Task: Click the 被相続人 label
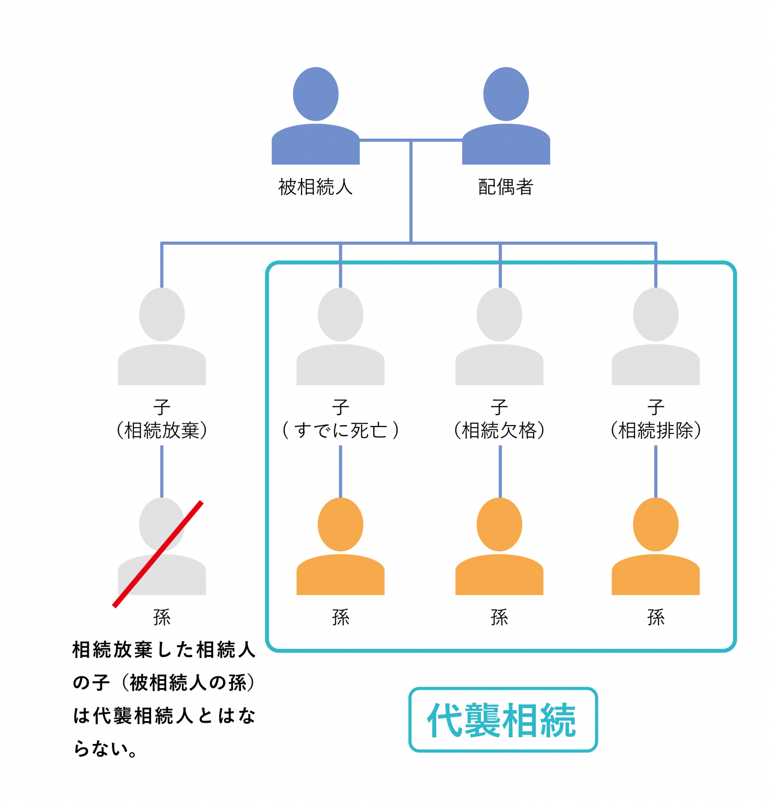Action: coord(315,187)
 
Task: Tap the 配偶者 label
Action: coord(505,187)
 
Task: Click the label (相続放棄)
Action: coord(162,430)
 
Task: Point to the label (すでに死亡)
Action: coord(340,430)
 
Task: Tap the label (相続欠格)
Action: coord(499,430)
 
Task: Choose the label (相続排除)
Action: coord(656,430)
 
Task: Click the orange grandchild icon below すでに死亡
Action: coord(340,548)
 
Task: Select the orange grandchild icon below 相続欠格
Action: coord(499,548)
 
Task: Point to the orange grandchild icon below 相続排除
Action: coord(656,548)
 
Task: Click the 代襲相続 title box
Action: coord(503,720)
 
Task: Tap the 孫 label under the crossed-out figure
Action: coord(162,618)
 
